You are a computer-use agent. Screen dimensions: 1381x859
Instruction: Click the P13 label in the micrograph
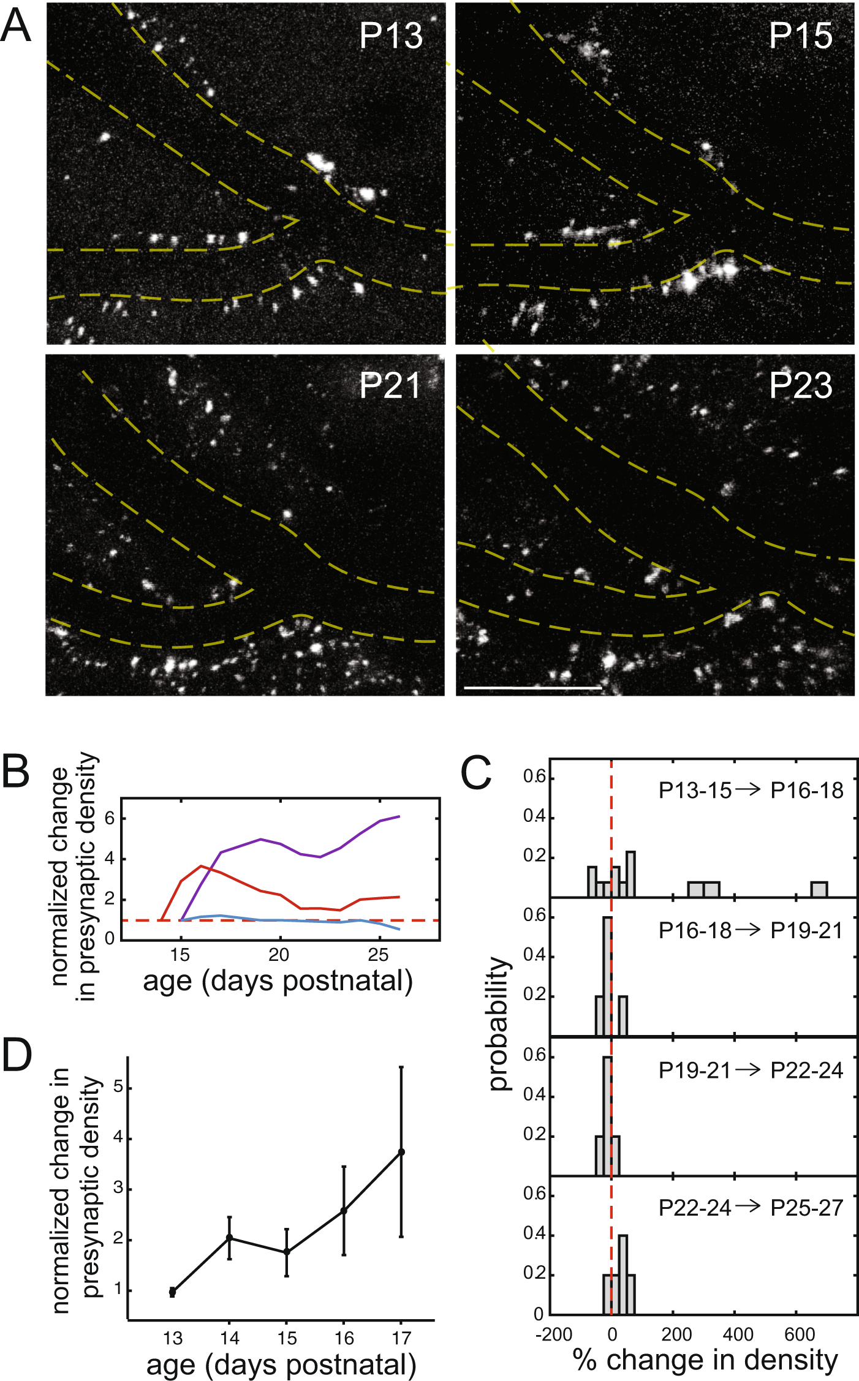click(x=391, y=36)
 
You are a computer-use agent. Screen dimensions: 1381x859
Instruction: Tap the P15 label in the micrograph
click(x=800, y=36)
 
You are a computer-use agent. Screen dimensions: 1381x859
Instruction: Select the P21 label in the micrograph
click(x=390, y=386)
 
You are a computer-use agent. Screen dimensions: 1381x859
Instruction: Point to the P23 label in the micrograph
click(x=800, y=386)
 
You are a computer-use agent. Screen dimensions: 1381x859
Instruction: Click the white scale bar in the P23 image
click(x=533, y=688)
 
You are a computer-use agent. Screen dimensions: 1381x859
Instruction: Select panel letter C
click(x=476, y=773)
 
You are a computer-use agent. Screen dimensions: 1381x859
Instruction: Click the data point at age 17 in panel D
click(x=401, y=1152)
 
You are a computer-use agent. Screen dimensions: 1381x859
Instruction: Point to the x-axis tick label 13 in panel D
click(x=173, y=1338)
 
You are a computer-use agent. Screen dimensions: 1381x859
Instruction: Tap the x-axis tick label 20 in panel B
click(x=279, y=955)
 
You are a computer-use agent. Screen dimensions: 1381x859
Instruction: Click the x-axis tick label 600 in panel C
click(x=800, y=1334)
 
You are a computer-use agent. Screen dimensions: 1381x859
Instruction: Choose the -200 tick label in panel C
click(x=553, y=1334)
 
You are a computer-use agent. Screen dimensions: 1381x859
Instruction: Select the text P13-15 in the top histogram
click(x=695, y=791)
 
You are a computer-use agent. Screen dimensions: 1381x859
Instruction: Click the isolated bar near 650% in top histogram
click(x=819, y=889)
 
